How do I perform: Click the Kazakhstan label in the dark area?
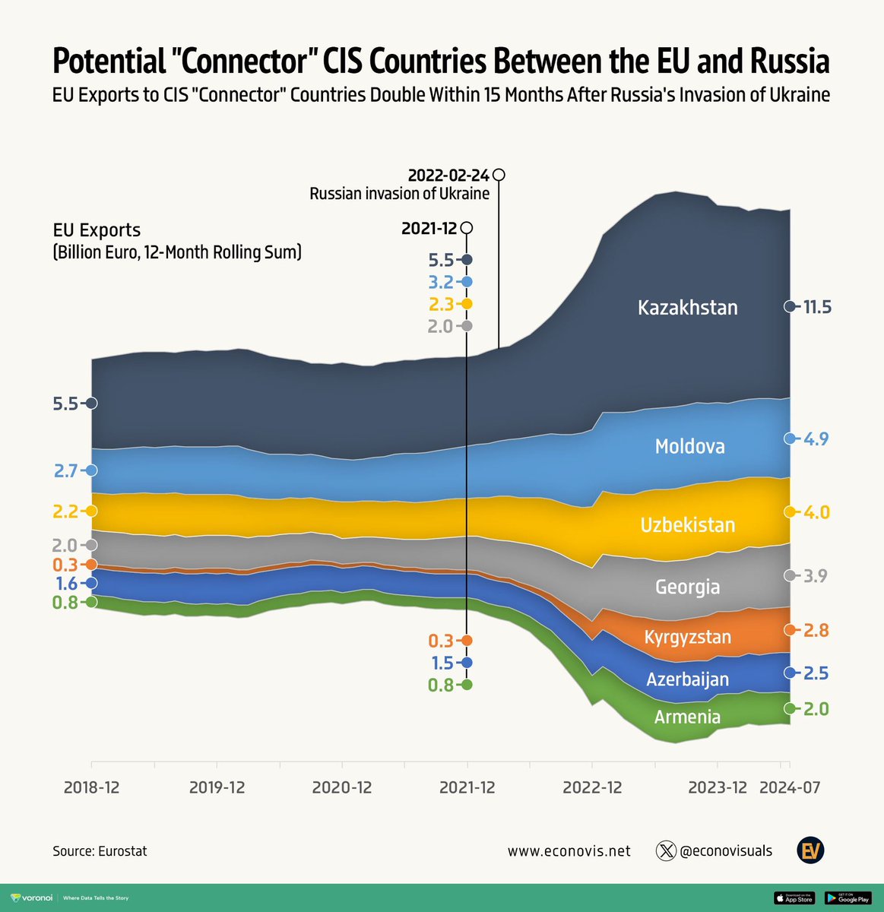pyautogui.click(x=687, y=308)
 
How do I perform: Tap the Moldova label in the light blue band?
pyautogui.click(x=689, y=446)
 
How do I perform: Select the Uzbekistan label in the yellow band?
pyautogui.click(x=687, y=525)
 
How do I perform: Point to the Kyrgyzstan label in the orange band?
pyautogui.click(x=687, y=637)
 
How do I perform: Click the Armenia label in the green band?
pyautogui.click(x=687, y=717)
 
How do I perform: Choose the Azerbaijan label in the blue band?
pyautogui.click(x=687, y=679)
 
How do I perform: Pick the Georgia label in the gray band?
pyautogui.click(x=687, y=587)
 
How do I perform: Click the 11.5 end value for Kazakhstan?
pyautogui.click(x=817, y=307)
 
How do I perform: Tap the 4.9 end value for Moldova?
pyautogui.click(x=816, y=439)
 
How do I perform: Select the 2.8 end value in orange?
pyautogui.click(x=816, y=631)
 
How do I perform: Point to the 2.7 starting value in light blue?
pyautogui.click(x=66, y=470)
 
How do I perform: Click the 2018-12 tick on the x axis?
pyautogui.click(x=91, y=787)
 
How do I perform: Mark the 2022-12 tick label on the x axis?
pyautogui.click(x=592, y=787)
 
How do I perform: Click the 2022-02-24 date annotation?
pyautogui.click(x=448, y=175)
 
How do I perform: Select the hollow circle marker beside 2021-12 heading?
pyautogui.click(x=467, y=228)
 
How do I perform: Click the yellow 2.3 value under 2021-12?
pyautogui.click(x=441, y=304)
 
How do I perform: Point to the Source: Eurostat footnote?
pyautogui.click(x=100, y=851)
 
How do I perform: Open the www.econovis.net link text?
pyautogui.click(x=569, y=851)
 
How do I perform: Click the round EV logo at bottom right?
pyautogui.click(x=810, y=850)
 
